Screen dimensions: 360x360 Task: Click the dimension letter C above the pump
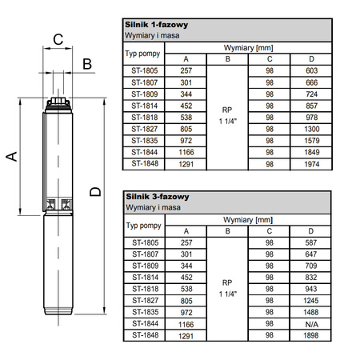point(58,39)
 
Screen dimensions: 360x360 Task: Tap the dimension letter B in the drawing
point(87,64)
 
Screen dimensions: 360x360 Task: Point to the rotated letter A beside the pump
point(11,156)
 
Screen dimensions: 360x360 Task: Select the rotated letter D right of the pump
point(95,192)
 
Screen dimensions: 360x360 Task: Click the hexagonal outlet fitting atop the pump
point(58,101)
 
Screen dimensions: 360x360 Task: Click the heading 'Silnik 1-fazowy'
point(157,25)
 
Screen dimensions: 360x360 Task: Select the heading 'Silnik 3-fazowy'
point(158,197)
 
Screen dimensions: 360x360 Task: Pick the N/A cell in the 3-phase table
point(311,324)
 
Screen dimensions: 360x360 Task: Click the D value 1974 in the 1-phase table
point(311,164)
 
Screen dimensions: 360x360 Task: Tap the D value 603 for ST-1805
point(311,70)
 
